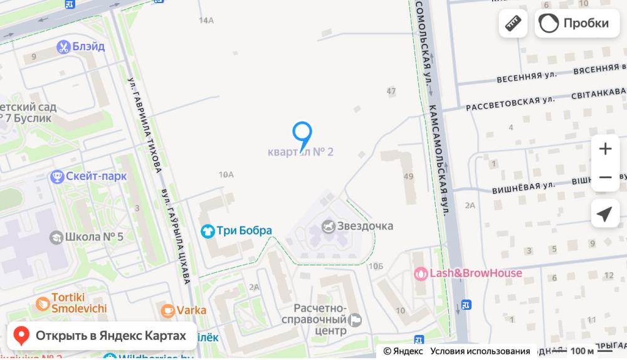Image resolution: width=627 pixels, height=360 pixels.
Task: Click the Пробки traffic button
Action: pyautogui.click(x=576, y=23)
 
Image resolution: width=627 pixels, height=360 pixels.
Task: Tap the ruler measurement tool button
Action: pyautogui.click(x=513, y=23)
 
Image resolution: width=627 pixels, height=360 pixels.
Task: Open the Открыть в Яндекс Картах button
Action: pyautogui.click(x=101, y=336)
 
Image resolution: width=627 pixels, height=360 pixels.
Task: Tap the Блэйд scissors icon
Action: pyautogui.click(x=63, y=46)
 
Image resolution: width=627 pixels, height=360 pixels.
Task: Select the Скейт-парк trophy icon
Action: pyautogui.click(x=58, y=176)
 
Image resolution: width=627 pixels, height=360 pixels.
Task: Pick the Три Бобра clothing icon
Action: pyautogui.click(x=207, y=231)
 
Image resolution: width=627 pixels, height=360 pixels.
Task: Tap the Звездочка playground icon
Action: pyautogui.click(x=328, y=226)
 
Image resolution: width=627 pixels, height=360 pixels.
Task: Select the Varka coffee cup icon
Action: pyautogui.click(x=167, y=310)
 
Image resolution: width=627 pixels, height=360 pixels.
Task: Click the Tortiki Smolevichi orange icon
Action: pyautogui.click(x=43, y=303)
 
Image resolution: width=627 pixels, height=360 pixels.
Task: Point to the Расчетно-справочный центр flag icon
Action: pyautogui.click(x=355, y=320)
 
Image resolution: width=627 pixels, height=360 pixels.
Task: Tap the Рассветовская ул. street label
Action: pyautogui.click(x=510, y=103)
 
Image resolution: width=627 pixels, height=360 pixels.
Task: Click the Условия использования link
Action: pyautogui.click(x=480, y=351)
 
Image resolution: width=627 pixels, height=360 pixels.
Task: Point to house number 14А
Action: pyautogui.click(x=206, y=21)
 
